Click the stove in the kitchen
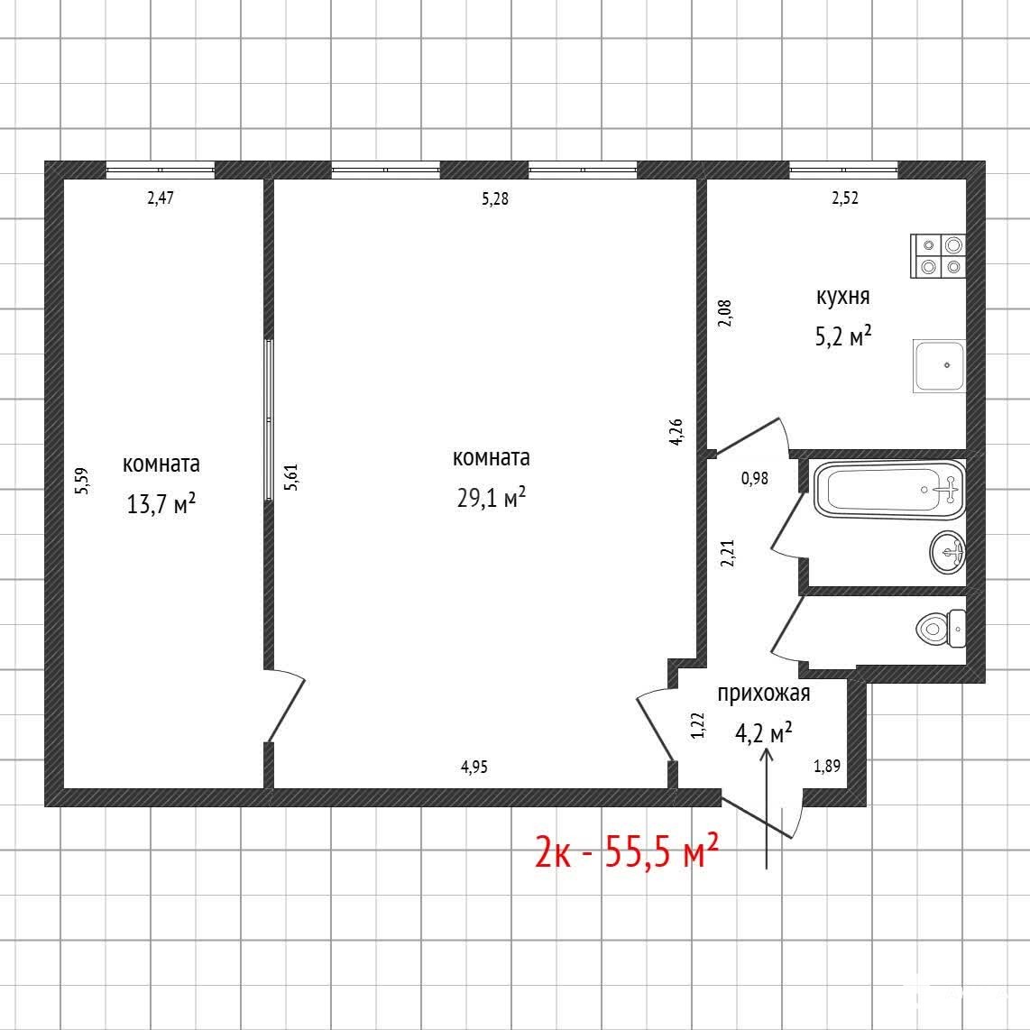tap(938, 256)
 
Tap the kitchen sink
tap(939, 366)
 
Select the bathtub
tap(889, 490)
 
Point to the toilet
tap(941, 629)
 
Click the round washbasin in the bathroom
tap(948, 552)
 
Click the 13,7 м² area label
tap(161, 504)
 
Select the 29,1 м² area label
tap(492, 497)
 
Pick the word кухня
tap(842, 296)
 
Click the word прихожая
tap(763, 694)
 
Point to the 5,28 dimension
tap(494, 198)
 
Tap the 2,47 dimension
tap(161, 197)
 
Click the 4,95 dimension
tap(474, 767)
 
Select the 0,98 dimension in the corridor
tap(755, 478)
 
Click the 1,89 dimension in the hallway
tap(827, 765)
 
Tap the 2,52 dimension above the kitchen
tap(845, 198)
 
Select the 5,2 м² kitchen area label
tap(842, 336)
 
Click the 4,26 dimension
tap(676, 432)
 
